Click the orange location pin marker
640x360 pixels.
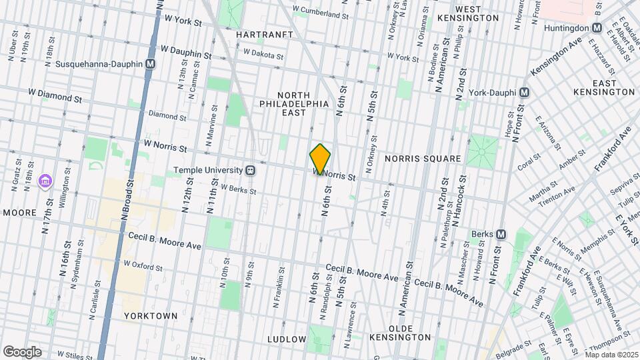(x=320, y=159)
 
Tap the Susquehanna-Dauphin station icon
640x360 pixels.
(x=151, y=64)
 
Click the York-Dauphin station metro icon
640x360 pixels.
(x=525, y=92)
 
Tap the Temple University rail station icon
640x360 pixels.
(x=251, y=170)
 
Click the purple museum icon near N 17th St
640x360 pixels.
(x=45, y=181)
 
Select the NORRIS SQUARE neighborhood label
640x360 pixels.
(x=423, y=159)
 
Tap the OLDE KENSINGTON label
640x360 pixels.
(x=401, y=333)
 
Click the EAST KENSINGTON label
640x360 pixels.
(x=604, y=87)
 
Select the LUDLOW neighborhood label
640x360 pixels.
(x=286, y=339)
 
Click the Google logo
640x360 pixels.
(x=22, y=352)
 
